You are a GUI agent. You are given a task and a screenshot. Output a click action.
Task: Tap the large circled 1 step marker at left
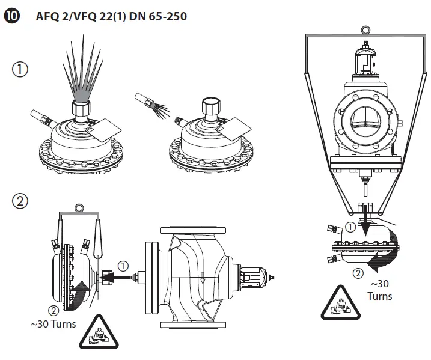coord(20,70)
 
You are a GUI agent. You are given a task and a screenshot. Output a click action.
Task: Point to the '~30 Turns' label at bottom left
coord(53,324)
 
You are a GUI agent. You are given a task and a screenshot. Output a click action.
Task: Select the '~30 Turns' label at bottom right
coord(379,290)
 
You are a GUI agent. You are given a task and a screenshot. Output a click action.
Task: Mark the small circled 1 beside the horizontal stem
coord(124,264)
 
